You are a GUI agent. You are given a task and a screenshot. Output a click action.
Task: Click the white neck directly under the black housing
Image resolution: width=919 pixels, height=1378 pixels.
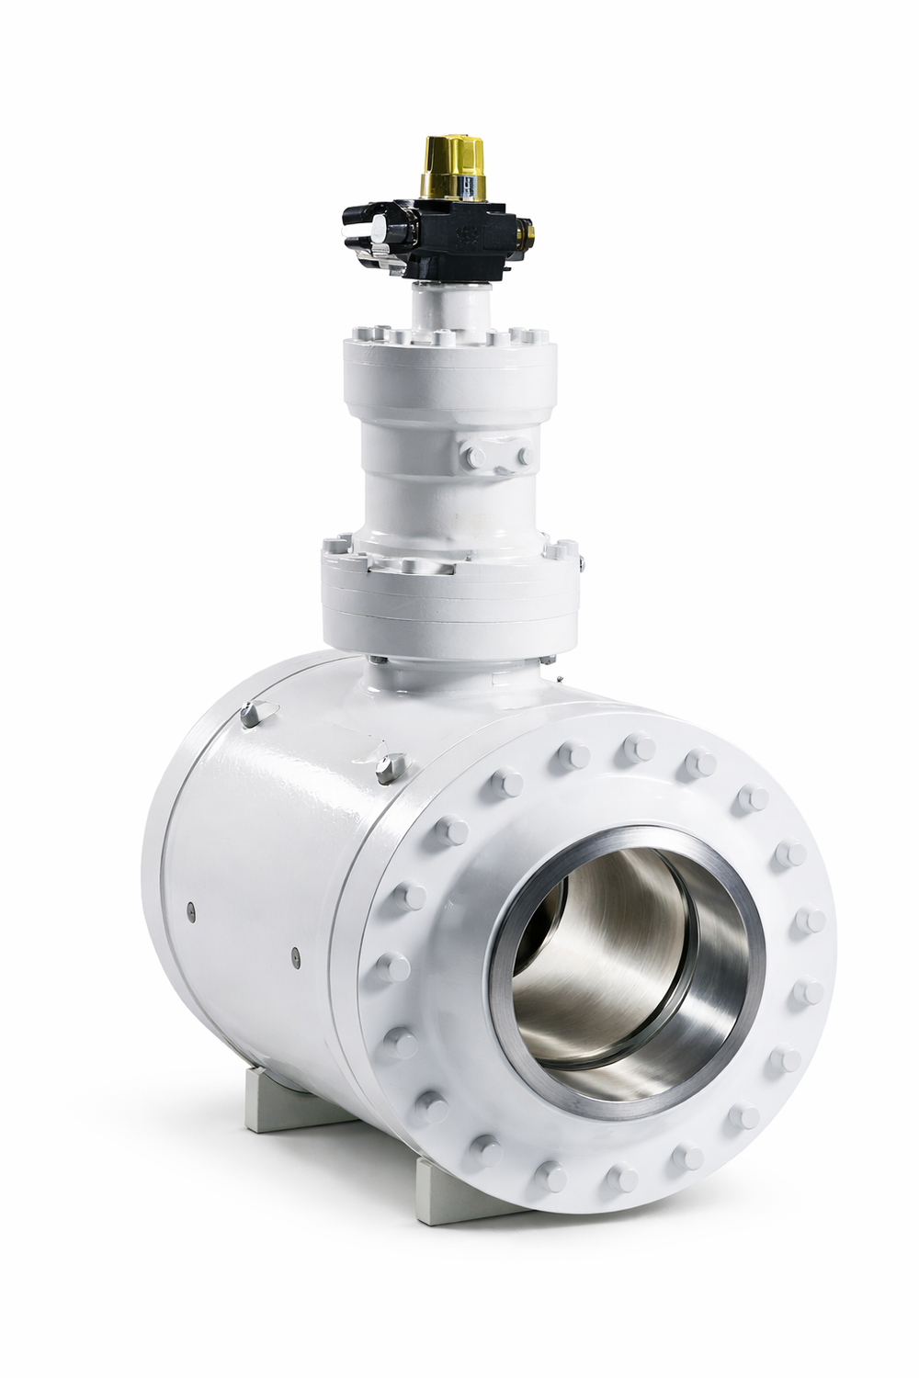point(439,308)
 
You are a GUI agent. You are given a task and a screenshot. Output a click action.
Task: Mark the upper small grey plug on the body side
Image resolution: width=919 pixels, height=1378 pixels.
point(187,909)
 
